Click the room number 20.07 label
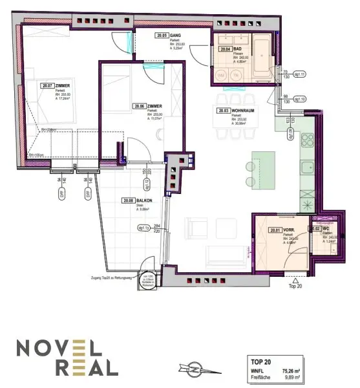pos(46,85)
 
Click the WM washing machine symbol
pos(222,76)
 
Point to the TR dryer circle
pos(236,76)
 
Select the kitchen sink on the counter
pos(306,169)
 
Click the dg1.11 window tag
pos(299,75)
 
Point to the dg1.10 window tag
pos(299,100)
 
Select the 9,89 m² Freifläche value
pos(297,378)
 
